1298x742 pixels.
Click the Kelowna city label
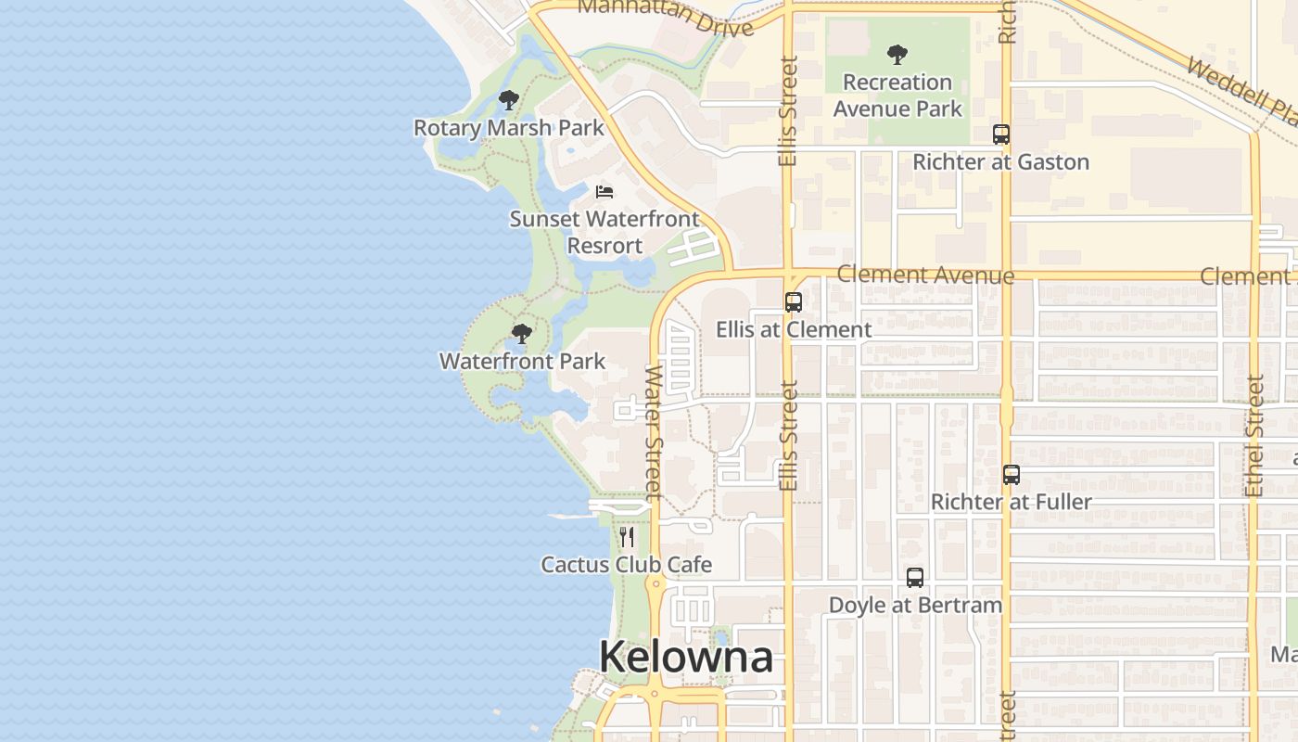click(685, 657)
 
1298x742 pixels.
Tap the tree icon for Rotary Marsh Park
click(508, 100)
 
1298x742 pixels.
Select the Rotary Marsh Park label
click(508, 128)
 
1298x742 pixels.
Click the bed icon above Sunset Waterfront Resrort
click(604, 192)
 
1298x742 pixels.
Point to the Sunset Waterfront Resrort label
click(604, 232)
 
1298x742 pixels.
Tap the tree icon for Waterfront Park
click(522, 334)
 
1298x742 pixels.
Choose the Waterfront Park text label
click(522, 361)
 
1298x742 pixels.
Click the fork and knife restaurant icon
click(628, 537)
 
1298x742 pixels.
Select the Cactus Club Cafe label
click(627, 564)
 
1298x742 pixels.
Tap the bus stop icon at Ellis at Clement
click(794, 301)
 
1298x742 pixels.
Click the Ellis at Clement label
click(794, 329)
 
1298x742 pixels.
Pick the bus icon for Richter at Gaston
click(1001, 134)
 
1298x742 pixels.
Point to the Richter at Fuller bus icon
click(1012, 475)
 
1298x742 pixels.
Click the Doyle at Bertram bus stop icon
click(915, 578)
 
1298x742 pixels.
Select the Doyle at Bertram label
click(915, 605)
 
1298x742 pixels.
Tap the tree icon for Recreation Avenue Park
click(897, 55)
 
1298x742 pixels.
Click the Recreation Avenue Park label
click(897, 96)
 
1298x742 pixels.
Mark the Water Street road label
click(654, 431)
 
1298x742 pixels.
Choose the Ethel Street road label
click(1255, 434)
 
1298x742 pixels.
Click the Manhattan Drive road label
click(665, 19)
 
